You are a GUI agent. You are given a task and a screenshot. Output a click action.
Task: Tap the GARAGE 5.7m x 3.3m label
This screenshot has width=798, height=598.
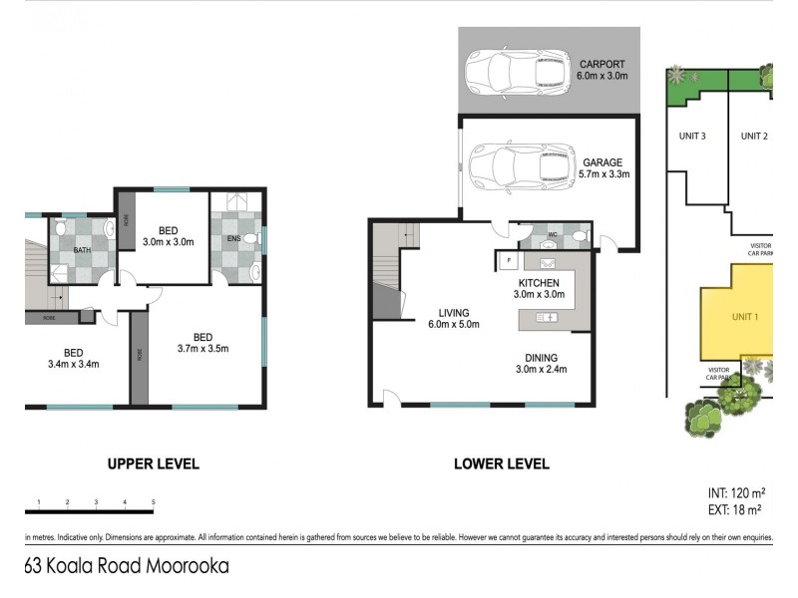point(603,168)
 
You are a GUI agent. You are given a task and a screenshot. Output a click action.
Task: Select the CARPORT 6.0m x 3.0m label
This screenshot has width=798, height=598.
point(603,70)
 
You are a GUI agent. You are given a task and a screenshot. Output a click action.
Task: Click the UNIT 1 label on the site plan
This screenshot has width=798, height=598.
point(746,317)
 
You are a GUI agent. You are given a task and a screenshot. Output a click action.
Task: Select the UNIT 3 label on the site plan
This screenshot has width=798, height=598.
point(693,137)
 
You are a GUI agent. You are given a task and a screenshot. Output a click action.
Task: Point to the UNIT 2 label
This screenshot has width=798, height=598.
point(753,137)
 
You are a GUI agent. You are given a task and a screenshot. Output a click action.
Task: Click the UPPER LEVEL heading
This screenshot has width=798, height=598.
point(153,464)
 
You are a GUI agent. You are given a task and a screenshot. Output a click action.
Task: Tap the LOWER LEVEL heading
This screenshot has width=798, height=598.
point(501,464)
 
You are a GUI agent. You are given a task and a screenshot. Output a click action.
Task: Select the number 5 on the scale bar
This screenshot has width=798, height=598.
point(153,501)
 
